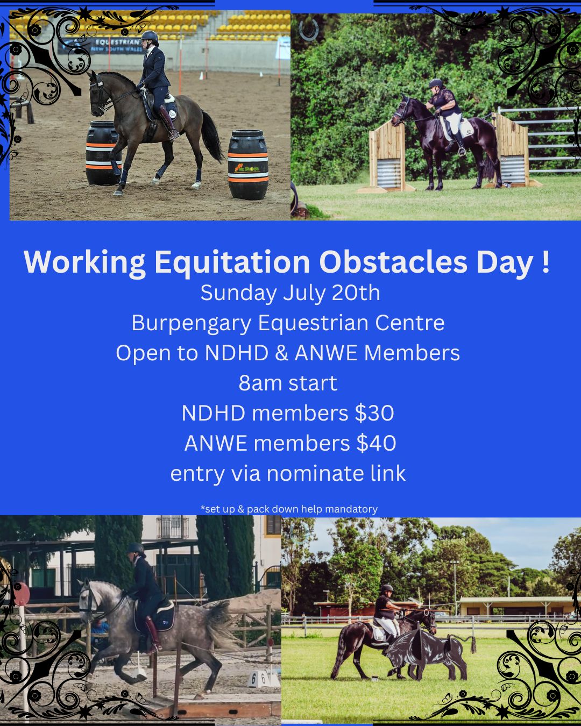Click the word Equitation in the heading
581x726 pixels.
[232, 262]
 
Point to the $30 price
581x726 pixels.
[374, 412]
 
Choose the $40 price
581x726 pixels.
[376, 443]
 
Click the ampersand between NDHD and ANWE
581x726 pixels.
[281, 353]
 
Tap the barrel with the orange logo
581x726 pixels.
[248, 165]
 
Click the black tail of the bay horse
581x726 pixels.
[211, 136]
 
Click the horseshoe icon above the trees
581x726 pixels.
[308, 30]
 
